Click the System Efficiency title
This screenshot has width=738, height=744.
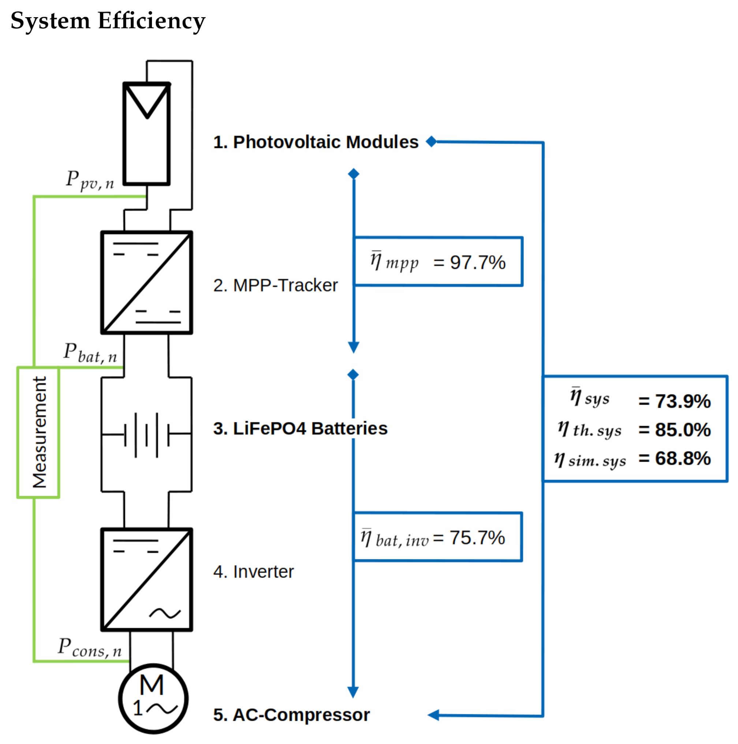coord(108,21)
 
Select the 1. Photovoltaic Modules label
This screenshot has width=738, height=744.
coord(316,142)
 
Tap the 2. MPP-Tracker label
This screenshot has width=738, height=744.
coord(275,285)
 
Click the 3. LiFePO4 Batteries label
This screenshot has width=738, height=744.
coord(300,429)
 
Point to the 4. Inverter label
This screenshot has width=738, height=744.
coord(253,572)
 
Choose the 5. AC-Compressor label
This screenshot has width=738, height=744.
coord(291,715)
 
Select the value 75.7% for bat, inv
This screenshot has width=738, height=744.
coord(477,538)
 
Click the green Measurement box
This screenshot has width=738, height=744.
coord(38,432)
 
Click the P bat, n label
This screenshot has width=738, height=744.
coord(90,353)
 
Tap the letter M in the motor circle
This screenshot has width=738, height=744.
coord(152,685)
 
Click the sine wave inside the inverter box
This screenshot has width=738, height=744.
coord(165,613)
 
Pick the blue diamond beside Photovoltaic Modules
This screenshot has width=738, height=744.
coord(431,141)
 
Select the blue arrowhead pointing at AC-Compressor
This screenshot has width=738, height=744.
coord(433,715)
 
